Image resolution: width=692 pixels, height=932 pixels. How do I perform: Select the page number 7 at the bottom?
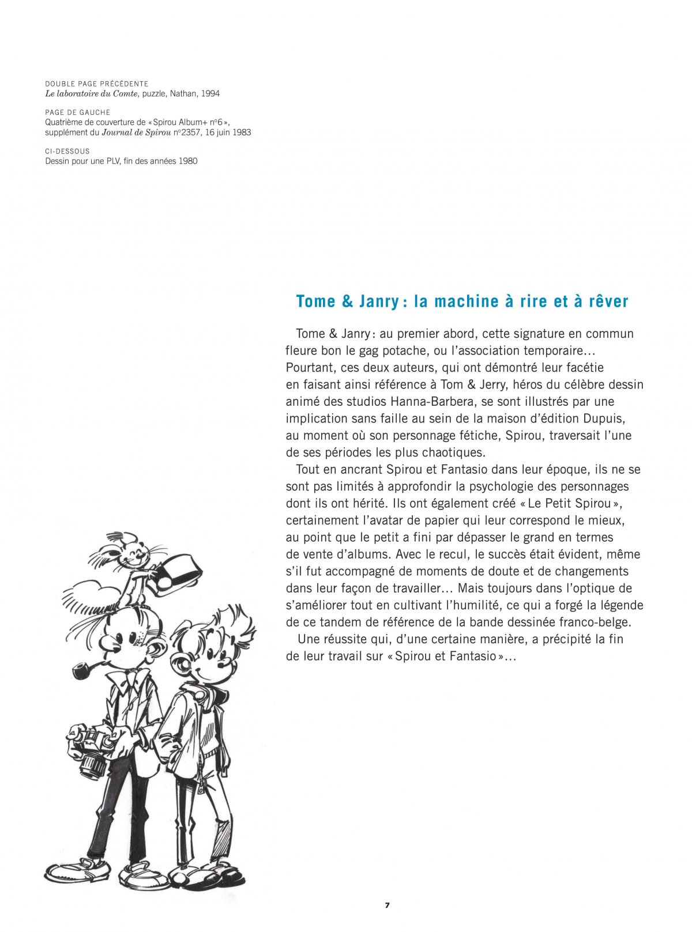point(387,905)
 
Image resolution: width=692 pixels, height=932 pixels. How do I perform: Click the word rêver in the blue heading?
point(608,301)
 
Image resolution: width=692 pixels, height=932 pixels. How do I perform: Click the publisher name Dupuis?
point(604,418)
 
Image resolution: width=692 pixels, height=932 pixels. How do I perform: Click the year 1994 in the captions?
point(210,93)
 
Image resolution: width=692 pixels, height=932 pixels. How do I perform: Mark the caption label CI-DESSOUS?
point(67,151)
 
